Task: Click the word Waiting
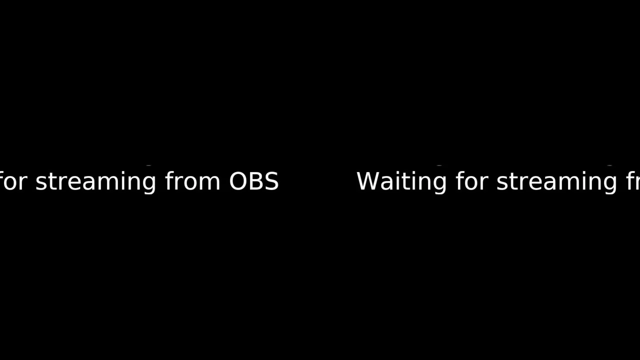[401, 181]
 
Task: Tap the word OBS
[253, 181]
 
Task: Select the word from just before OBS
[192, 180]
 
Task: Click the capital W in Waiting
[368, 181]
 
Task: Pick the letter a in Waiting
[387, 183]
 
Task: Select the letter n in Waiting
[423, 183]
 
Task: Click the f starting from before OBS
[169, 180]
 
